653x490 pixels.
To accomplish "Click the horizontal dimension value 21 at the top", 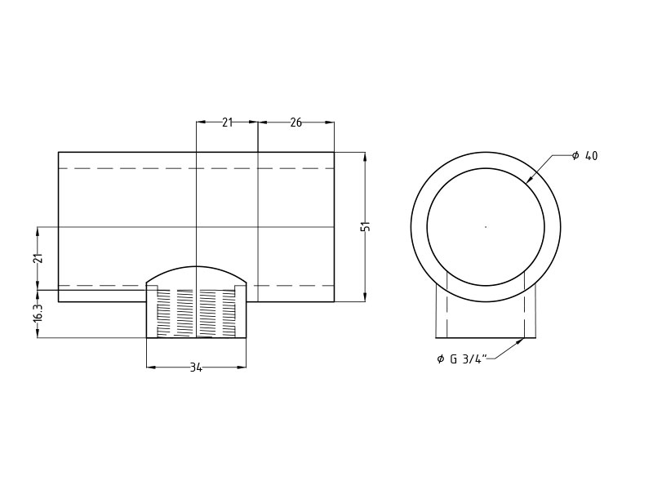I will coord(227,122).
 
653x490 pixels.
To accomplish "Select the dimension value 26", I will coord(295,122).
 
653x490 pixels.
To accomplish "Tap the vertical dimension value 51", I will coord(366,226).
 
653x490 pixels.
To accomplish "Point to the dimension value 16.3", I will coord(38,314).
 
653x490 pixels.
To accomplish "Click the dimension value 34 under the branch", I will coord(196,367).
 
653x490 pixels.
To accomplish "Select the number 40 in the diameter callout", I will coord(591,156).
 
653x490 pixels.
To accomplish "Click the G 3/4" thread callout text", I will coord(468,359).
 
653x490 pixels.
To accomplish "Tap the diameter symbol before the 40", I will coord(575,156).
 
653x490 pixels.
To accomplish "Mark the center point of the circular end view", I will coord(486,227).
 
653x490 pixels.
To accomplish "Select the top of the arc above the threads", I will coord(196,267).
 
